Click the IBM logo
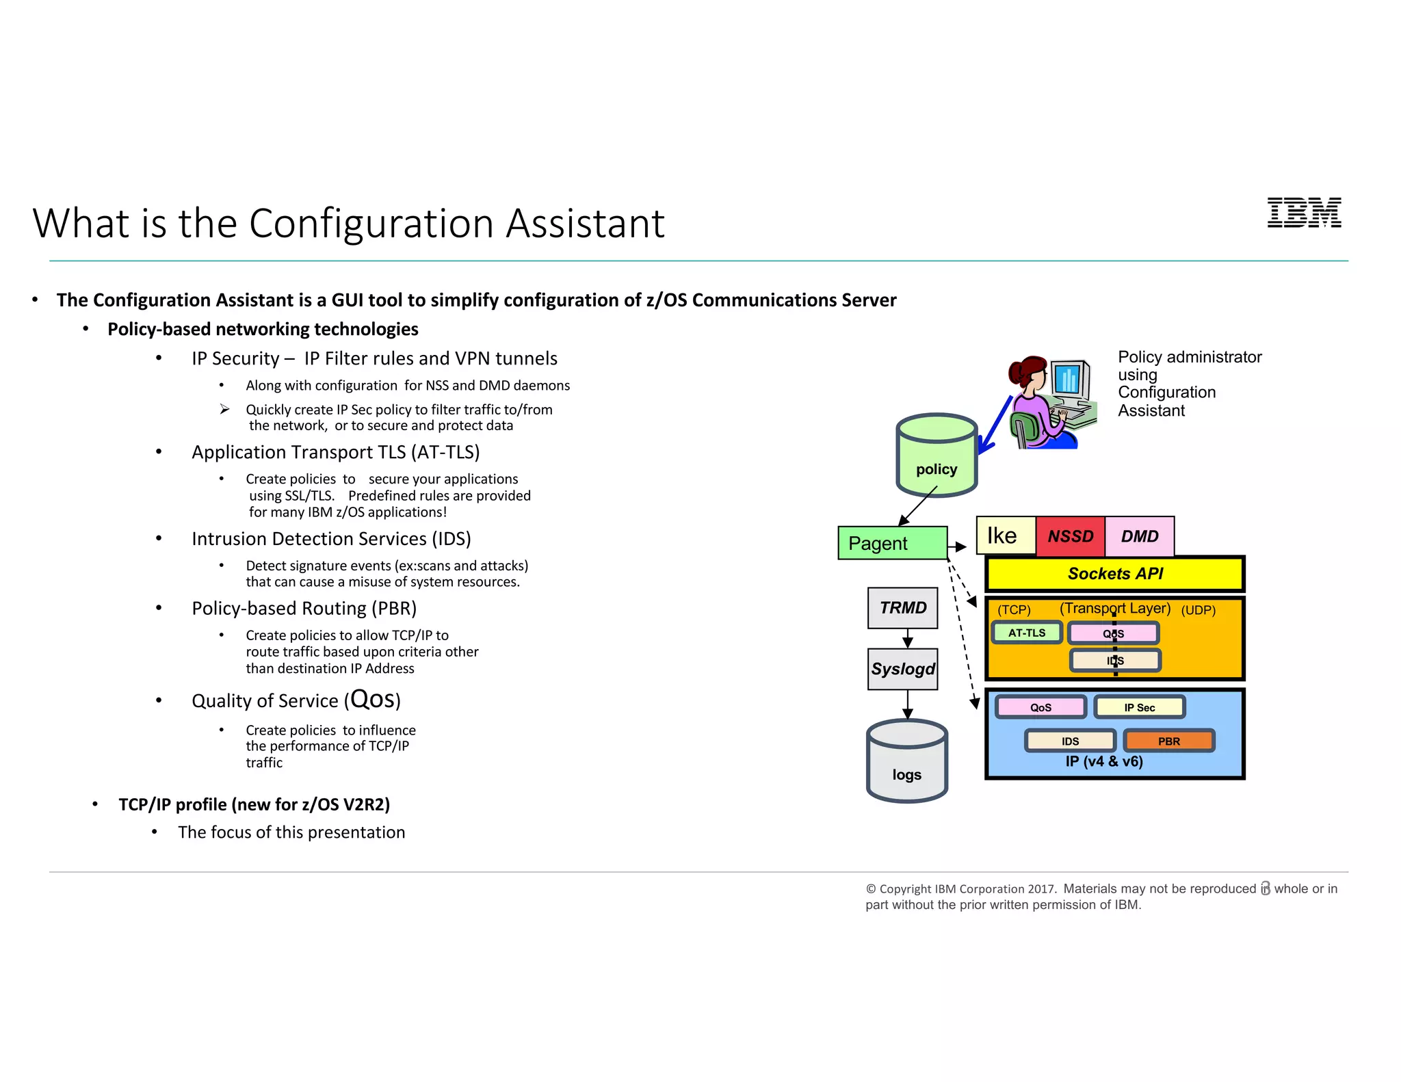1304,213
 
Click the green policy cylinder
937,456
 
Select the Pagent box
892,543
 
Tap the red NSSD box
1070,536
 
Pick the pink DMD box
1140,536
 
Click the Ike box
1006,536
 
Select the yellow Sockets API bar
1114,574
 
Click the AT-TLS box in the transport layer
1027,633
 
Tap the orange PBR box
1168,741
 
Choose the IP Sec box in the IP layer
1139,707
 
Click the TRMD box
902,608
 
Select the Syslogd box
902,669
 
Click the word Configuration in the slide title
371,224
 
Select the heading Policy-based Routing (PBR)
304,608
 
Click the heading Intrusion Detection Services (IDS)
331,539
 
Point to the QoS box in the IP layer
1040,707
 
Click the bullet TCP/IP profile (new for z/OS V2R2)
254,804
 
